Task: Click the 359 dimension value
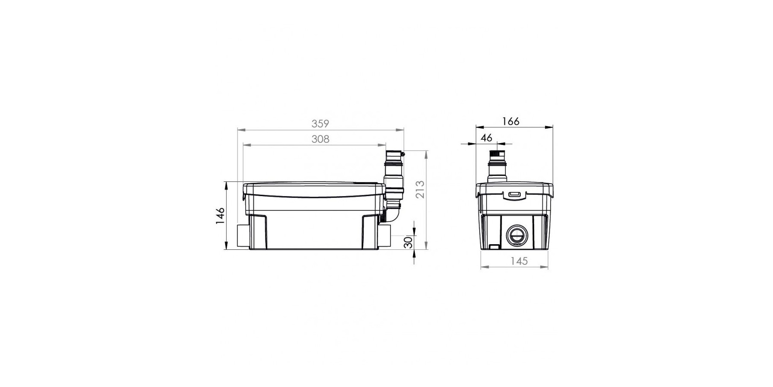tap(320, 124)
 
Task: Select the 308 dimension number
tap(320, 139)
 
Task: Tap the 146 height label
tap(220, 215)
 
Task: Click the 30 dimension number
tap(408, 242)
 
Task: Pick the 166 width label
tap(511, 121)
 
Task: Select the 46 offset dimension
tap(486, 138)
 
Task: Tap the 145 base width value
tap(519, 261)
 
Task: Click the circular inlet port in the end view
tap(514, 235)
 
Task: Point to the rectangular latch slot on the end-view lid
tap(514, 195)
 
